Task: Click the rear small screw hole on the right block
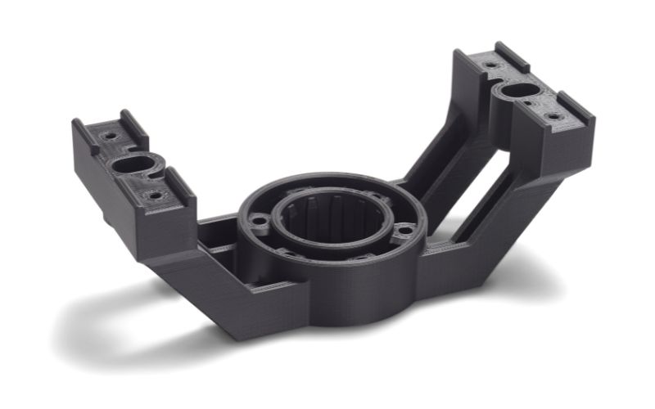[490, 64]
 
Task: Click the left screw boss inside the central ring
[260, 220]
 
